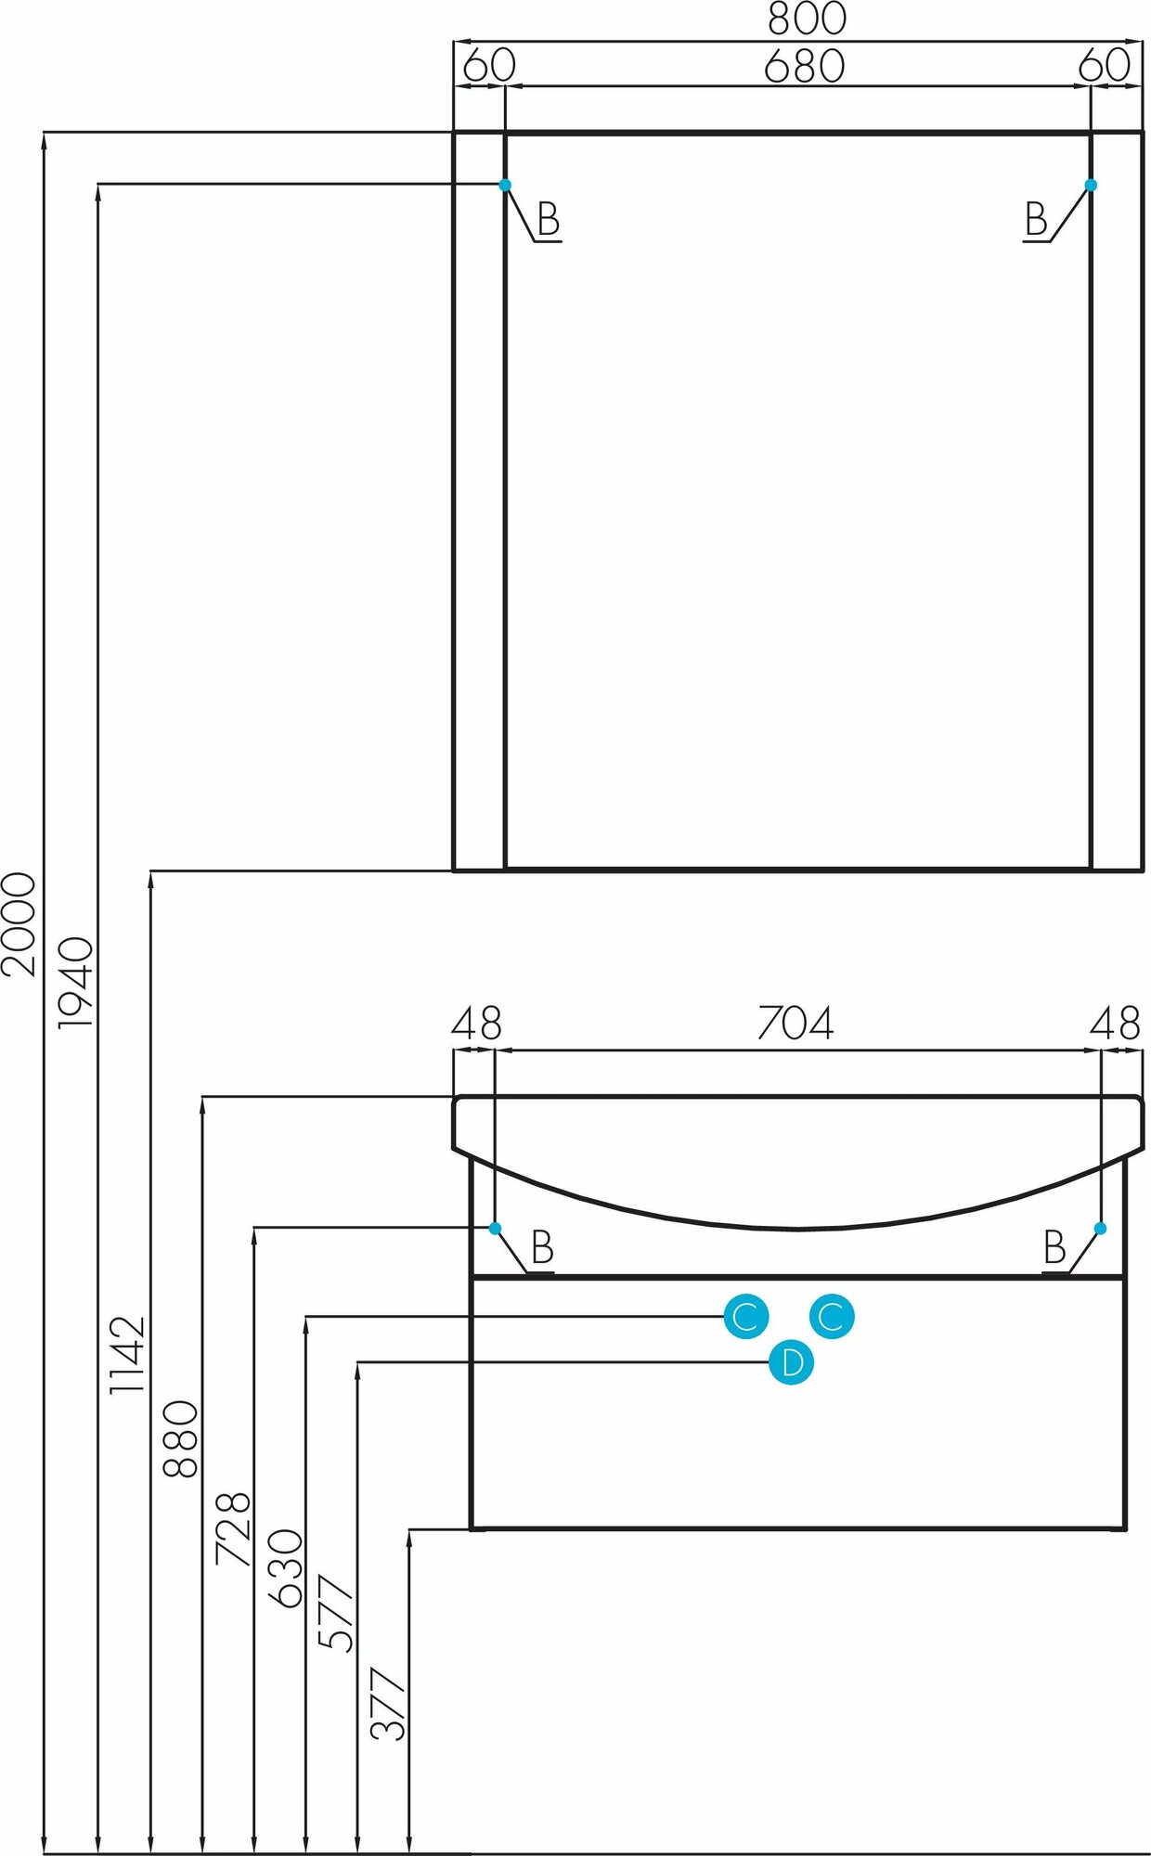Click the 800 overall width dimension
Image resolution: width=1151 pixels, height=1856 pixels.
806,19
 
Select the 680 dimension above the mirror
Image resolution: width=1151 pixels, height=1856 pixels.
804,66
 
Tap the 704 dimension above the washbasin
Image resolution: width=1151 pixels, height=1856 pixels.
795,1023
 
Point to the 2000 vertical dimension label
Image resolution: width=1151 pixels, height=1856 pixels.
19,923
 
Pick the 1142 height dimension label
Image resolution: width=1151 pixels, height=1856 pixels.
128,1354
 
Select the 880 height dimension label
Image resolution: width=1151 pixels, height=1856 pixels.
181,1438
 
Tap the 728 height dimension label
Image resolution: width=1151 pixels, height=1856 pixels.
233,1527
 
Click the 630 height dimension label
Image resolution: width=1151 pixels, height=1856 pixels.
285,1568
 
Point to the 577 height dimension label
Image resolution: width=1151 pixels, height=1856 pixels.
337,1613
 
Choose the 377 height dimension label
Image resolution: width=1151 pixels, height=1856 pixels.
389,1703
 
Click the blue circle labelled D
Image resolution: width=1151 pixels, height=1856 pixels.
792,1362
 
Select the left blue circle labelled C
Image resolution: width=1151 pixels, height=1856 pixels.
745,1316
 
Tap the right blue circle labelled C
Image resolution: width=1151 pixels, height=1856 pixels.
831,1316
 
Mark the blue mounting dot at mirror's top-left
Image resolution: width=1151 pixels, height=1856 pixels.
505,185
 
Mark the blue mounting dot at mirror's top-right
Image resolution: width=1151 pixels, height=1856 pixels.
1091,185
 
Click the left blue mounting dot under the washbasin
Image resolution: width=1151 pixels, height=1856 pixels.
495,1228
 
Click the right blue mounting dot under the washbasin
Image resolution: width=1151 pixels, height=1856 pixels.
1100,1228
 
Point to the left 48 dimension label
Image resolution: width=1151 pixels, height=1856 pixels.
476,1024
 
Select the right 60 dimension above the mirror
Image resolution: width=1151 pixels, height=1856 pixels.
1105,66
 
